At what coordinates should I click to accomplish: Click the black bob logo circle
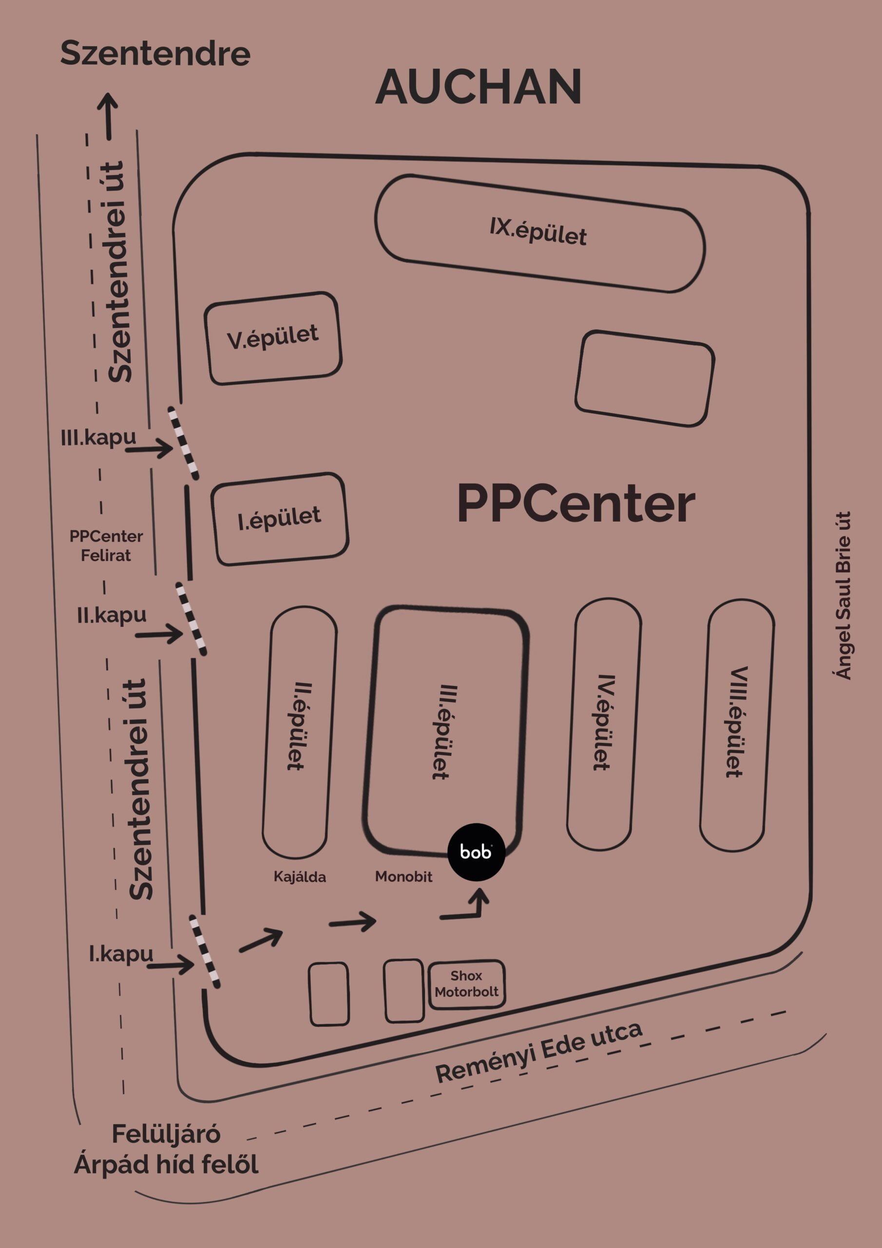pyautogui.click(x=476, y=852)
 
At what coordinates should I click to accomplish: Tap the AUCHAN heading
pyautogui.click(x=478, y=87)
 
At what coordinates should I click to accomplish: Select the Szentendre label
pyautogui.click(x=155, y=54)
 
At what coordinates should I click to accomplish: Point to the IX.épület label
pyautogui.click(x=538, y=232)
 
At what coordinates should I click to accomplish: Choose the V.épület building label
pyautogui.click(x=273, y=337)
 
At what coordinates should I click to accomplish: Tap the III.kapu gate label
pyautogui.click(x=98, y=438)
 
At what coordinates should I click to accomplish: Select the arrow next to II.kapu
pyautogui.click(x=159, y=634)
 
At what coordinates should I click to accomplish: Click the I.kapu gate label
pyautogui.click(x=121, y=954)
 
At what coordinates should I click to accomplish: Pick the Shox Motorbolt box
pyautogui.click(x=466, y=984)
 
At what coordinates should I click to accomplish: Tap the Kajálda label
pyautogui.click(x=299, y=877)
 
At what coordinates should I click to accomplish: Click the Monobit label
pyautogui.click(x=403, y=876)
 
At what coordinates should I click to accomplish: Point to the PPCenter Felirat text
pyautogui.click(x=106, y=546)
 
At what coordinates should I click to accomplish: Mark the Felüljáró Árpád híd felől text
pyautogui.click(x=166, y=1150)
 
